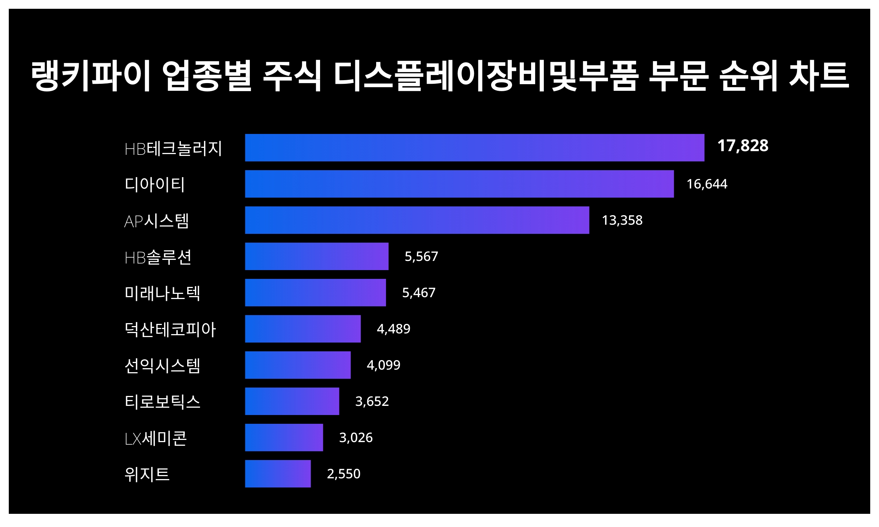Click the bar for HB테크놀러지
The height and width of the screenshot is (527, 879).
pyautogui.click(x=474, y=147)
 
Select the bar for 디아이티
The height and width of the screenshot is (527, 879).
pyautogui.click(x=459, y=184)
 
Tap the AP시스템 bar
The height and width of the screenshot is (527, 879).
pyautogui.click(x=417, y=220)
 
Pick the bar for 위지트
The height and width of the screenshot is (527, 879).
pyautogui.click(x=278, y=474)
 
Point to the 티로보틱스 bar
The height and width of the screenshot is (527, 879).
pyautogui.click(x=292, y=401)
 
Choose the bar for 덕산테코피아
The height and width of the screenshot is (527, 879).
pyautogui.click(x=303, y=329)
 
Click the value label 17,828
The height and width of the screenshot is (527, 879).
pyautogui.click(x=743, y=146)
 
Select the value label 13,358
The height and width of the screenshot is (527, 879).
pyautogui.click(x=622, y=220)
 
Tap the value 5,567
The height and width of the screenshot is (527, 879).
pyautogui.click(x=421, y=257)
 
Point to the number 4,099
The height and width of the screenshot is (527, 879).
pyautogui.click(x=383, y=365)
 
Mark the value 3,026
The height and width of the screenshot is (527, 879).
pyautogui.click(x=356, y=438)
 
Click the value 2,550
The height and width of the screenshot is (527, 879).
pyautogui.click(x=343, y=474)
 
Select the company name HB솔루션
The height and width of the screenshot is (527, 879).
pyautogui.click(x=158, y=257)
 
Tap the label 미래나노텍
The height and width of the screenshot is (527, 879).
pyautogui.click(x=162, y=293)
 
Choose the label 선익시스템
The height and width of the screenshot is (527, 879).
pyautogui.click(x=162, y=366)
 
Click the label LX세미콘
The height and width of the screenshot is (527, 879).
pyautogui.click(x=156, y=438)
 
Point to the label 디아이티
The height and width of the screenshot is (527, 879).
pyautogui.click(x=155, y=184)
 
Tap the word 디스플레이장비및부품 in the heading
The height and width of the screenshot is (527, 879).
pyautogui.click(x=486, y=76)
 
